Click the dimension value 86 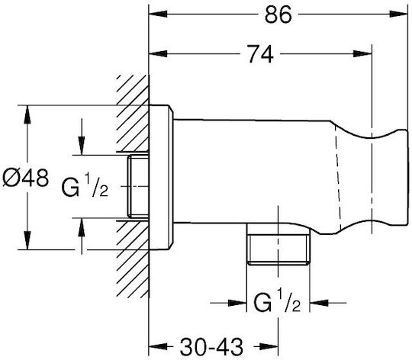tap(278, 14)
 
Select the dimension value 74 tap(260, 54)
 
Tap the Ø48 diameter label tap(25, 178)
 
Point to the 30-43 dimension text tap(211, 346)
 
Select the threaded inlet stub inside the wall tap(138, 186)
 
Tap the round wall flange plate tap(161, 177)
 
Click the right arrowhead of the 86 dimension tap(398, 14)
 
